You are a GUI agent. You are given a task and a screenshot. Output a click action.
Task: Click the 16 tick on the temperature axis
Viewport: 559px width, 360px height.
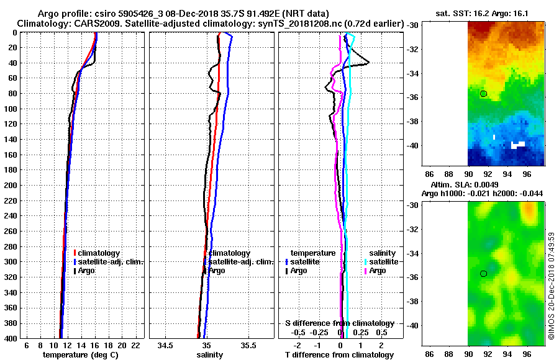click(x=95, y=345)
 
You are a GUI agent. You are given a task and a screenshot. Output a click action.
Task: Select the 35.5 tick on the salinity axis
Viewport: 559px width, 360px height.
click(x=248, y=345)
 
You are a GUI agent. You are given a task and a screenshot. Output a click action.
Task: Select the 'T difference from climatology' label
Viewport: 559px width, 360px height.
click(x=339, y=355)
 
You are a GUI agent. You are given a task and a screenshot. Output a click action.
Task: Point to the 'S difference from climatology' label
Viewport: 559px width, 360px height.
click(x=339, y=323)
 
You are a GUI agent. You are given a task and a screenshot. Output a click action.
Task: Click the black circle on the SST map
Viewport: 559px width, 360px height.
click(x=484, y=94)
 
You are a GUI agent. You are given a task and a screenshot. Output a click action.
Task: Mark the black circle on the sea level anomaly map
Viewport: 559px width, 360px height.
click(x=484, y=274)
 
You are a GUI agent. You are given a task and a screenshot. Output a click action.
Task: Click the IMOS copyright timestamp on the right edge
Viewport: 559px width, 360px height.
click(x=551, y=287)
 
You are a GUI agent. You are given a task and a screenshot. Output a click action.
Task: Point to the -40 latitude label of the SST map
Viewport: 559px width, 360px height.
click(x=415, y=145)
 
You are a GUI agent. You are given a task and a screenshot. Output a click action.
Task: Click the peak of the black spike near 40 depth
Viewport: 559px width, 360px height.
click(x=369, y=63)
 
